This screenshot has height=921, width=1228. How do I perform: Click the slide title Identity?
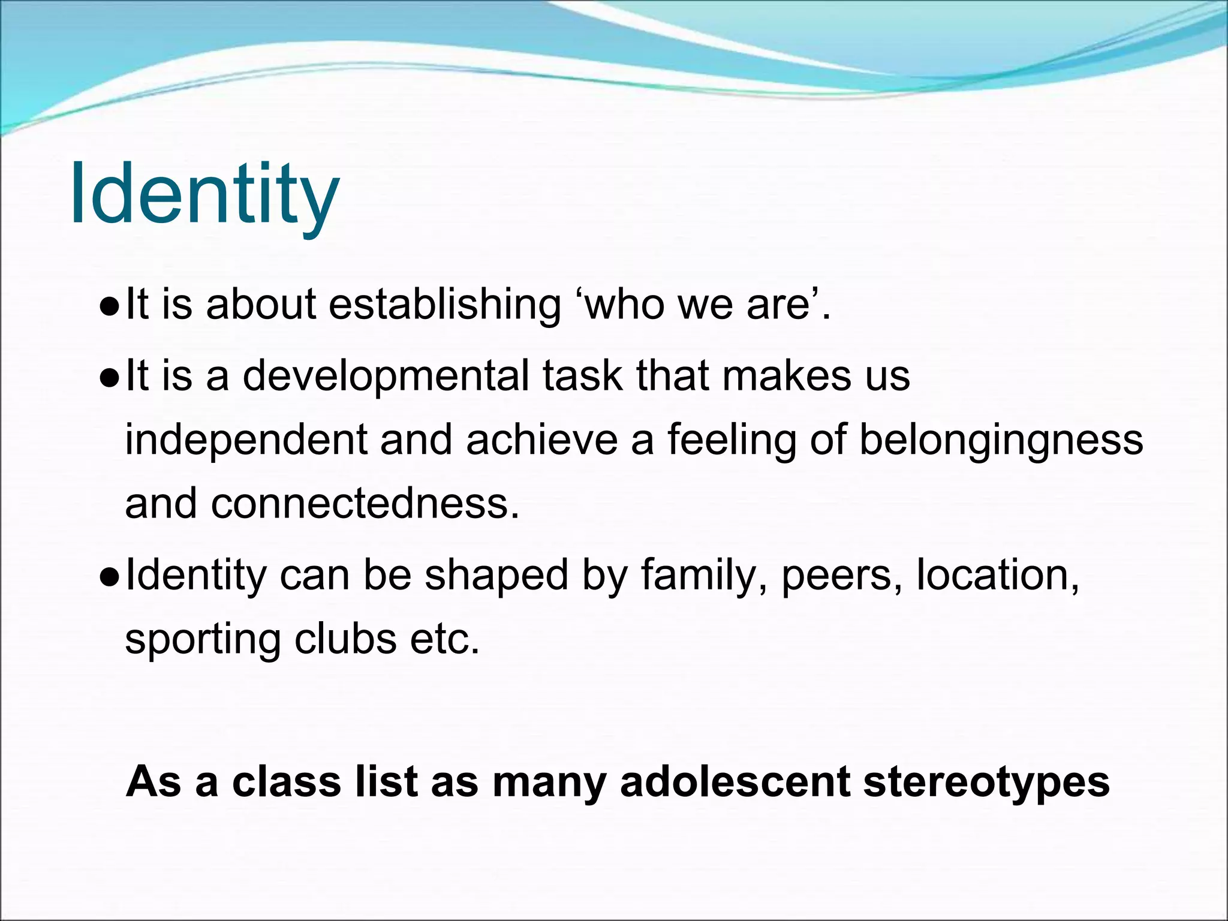click(x=204, y=195)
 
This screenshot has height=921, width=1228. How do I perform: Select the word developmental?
click(x=386, y=376)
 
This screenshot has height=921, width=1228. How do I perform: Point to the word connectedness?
click(x=365, y=504)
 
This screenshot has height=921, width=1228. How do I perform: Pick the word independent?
click(x=246, y=440)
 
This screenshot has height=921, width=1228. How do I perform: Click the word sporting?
click(x=203, y=640)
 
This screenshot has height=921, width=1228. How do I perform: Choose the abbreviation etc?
click(x=445, y=639)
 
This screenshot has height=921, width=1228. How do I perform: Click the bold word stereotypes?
click(x=986, y=783)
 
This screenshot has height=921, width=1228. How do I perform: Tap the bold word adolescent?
click(x=735, y=782)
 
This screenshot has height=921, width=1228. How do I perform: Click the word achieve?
click(x=541, y=440)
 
